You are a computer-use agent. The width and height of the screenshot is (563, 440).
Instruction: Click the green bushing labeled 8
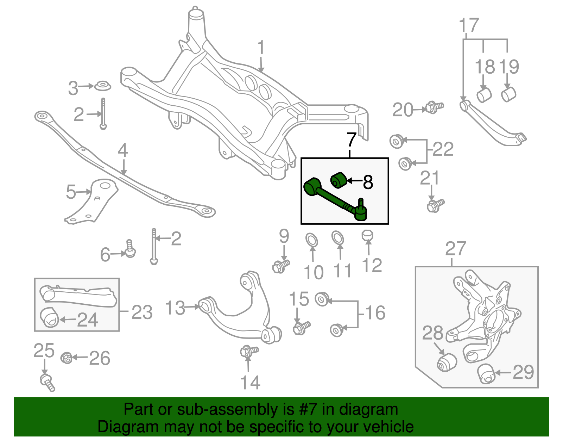[x=339, y=180]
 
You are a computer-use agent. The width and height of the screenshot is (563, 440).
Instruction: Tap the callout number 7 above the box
[x=351, y=140]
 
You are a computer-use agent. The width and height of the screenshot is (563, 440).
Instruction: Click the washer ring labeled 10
[x=312, y=240]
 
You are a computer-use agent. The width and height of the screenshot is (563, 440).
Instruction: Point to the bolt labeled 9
[x=281, y=266]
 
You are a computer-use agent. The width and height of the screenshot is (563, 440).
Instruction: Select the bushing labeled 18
[x=484, y=95]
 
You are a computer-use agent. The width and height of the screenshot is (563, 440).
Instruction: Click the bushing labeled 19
[x=508, y=94]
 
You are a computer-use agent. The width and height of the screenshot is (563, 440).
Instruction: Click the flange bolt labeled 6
[x=130, y=249]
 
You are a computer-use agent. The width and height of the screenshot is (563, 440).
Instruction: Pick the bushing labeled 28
[x=447, y=362]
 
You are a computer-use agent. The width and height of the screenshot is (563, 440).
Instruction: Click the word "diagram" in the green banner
[x=368, y=410]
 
